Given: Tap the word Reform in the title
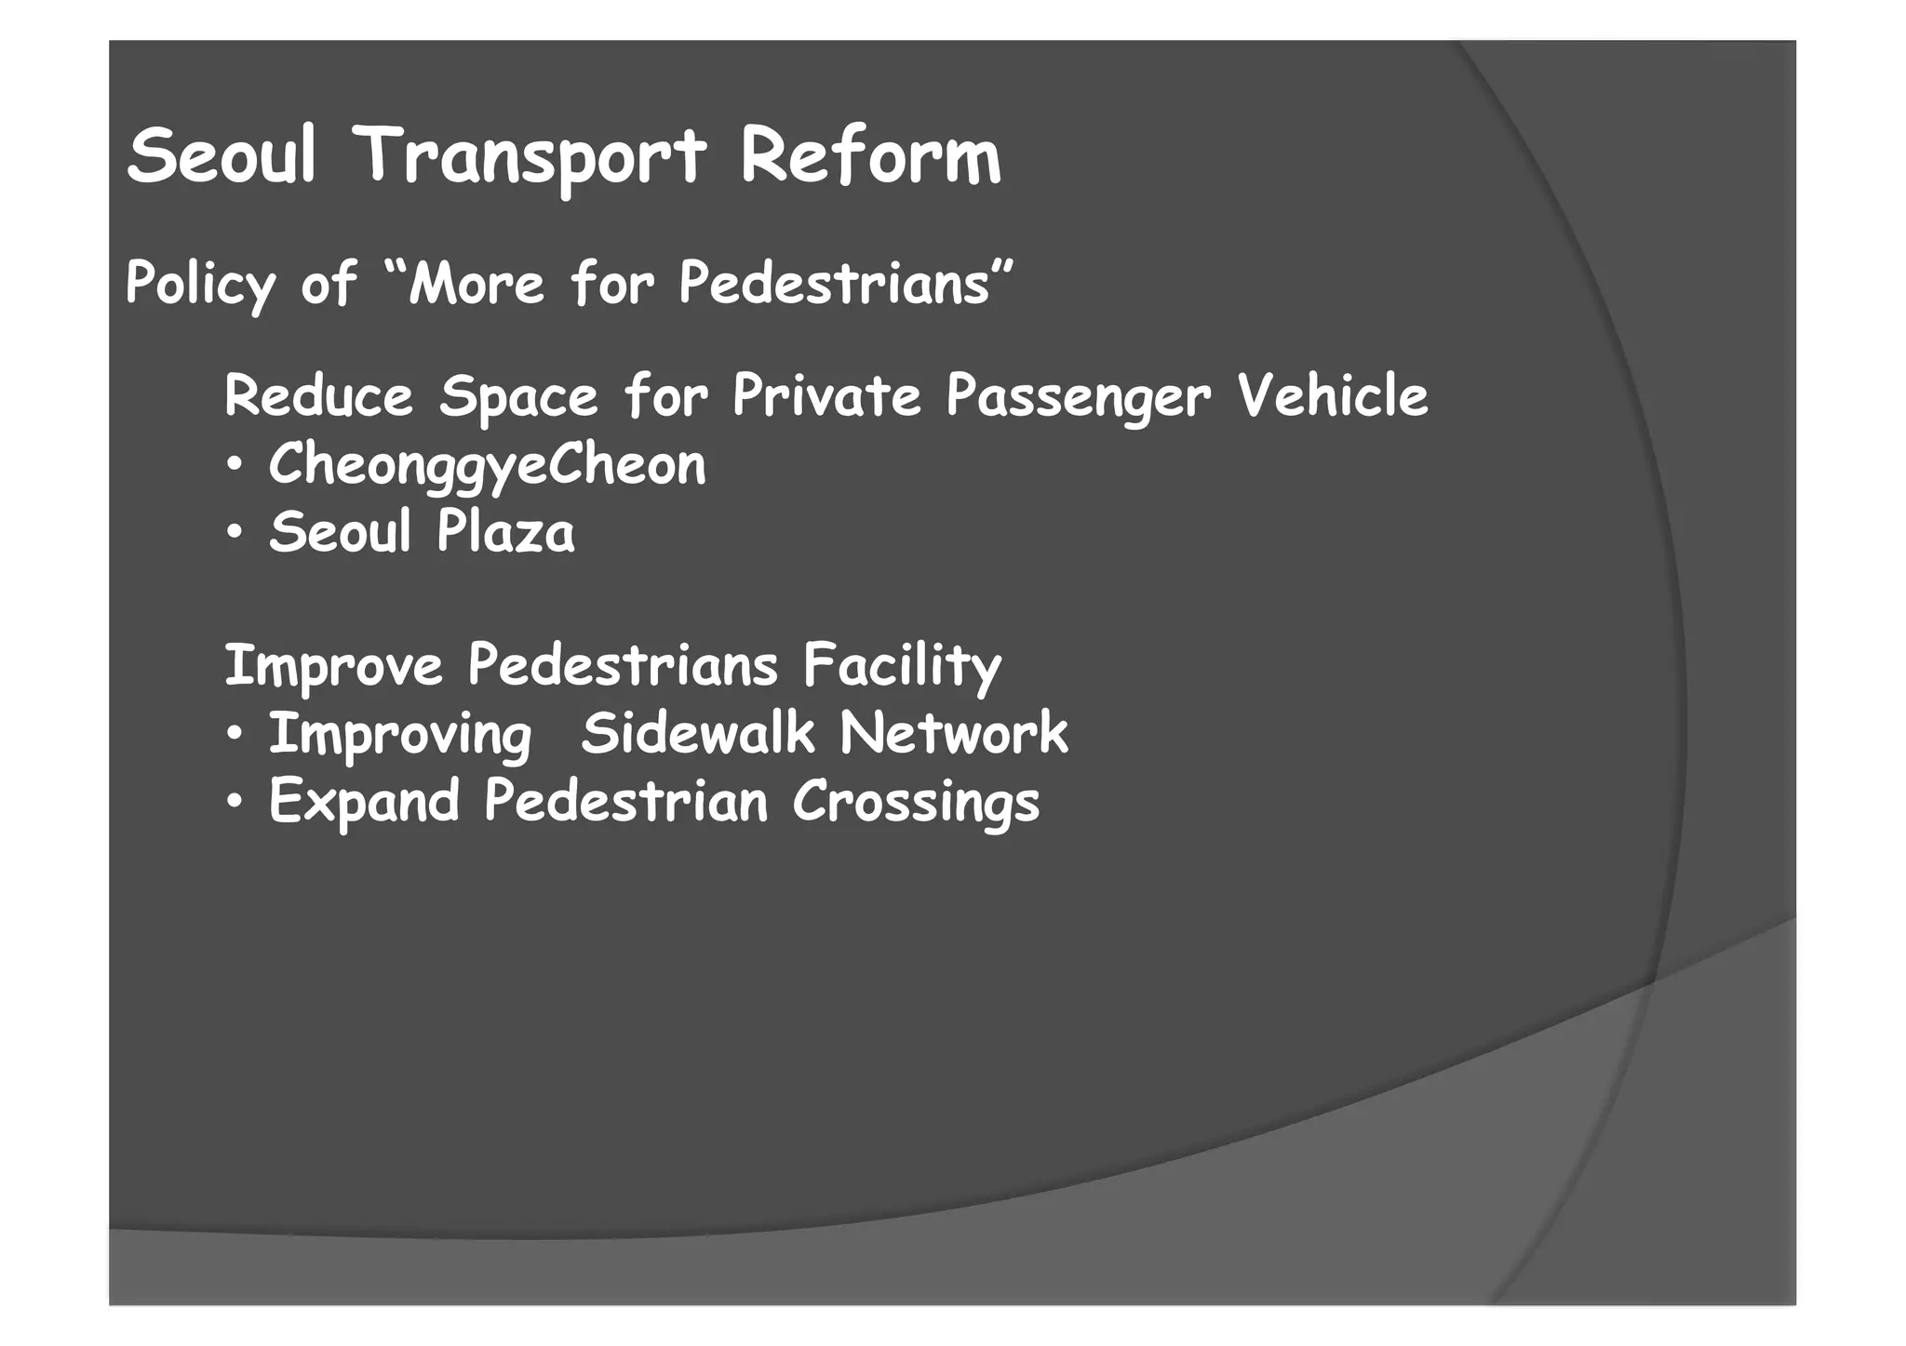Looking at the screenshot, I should click(x=870, y=156).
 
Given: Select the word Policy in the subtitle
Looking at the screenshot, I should click(x=200, y=282).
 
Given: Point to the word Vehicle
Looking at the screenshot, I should click(x=1332, y=395).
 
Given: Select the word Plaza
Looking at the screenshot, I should click(x=505, y=533).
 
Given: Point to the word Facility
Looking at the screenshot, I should click(x=902, y=667).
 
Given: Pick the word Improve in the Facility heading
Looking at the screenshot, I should click(x=333, y=666).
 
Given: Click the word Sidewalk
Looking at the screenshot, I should click(x=697, y=733).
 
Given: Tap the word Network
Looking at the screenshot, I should click(x=954, y=733).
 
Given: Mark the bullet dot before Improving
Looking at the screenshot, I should click(x=235, y=735).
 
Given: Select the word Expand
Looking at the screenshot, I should click(x=364, y=802).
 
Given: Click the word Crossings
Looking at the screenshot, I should click(x=916, y=802).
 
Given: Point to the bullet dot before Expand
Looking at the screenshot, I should click(x=235, y=802).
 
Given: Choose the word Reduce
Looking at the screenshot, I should click(x=318, y=395).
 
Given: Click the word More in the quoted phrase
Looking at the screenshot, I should click(x=476, y=282).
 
